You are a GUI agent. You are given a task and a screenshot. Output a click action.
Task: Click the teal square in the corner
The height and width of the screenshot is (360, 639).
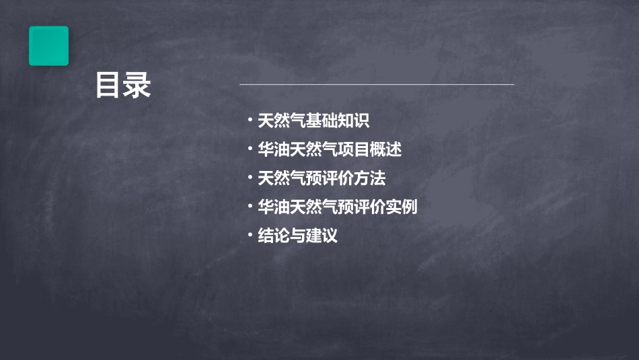tap(48, 46)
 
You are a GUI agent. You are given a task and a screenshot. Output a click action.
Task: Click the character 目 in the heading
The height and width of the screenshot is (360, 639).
tap(108, 85)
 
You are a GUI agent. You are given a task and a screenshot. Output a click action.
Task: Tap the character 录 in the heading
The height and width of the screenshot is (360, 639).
tap(137, 85)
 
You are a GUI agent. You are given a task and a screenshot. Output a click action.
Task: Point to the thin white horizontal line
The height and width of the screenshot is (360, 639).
tap(377, 85)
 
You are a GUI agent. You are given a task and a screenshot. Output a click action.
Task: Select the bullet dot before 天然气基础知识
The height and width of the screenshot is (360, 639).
tap(250, 121)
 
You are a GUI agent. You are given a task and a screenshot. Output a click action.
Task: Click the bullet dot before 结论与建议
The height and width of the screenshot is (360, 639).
tap(250, 236)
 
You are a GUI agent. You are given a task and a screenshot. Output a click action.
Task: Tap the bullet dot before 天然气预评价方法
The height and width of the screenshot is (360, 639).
tap(250, 178)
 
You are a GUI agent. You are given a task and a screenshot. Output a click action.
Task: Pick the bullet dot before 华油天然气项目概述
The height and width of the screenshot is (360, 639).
tap(250, 149)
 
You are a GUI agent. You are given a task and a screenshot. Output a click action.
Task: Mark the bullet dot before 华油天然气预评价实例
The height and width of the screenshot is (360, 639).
tap(250, 207)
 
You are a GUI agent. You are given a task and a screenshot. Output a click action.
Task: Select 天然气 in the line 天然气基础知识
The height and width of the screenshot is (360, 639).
tap(282, 121)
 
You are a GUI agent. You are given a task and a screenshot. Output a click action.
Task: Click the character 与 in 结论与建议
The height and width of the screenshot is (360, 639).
tap(298, 236)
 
